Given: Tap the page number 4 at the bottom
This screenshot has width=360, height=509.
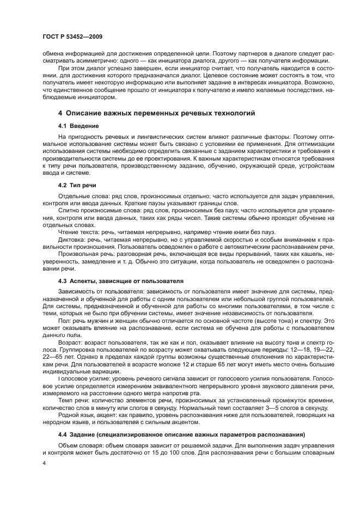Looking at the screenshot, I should [45, 463].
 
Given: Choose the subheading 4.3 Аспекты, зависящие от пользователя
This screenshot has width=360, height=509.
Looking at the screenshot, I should [120, 281].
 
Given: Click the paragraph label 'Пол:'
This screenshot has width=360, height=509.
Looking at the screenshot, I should [64, 321].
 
